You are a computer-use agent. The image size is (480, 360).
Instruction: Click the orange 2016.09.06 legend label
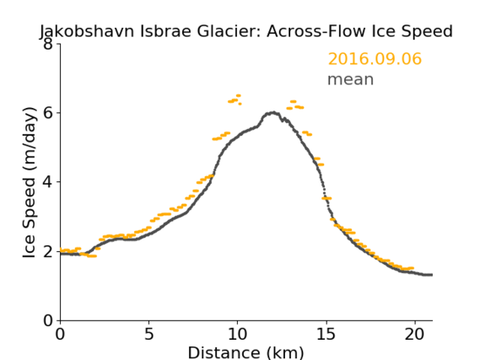click(375, 59)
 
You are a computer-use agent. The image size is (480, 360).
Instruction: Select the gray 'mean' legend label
click(351, 79)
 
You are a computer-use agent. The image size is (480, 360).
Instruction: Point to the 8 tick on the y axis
click(48, 44)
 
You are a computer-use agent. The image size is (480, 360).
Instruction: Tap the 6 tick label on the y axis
click(48, 113)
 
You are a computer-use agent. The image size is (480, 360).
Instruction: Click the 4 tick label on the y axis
click(48, 182)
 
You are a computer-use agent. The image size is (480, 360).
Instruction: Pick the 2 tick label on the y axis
click(48, 251)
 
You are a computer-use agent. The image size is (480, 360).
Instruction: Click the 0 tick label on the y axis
click(48, 320)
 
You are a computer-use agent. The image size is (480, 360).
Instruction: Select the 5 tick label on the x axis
click(148, 334)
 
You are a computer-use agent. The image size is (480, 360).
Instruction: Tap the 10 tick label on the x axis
click(238, 334)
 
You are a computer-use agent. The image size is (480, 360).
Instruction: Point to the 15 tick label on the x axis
click(326, 334)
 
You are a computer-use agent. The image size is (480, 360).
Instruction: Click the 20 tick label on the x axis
click(414, 334)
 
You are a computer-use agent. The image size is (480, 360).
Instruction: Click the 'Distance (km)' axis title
click(245, 352)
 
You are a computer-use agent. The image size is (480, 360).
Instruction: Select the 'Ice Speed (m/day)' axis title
click(30, 183)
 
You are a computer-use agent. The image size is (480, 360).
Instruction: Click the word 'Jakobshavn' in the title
click(87, 31)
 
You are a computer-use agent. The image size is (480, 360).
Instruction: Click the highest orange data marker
click(239, 96)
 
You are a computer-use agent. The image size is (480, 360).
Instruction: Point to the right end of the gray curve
click(432, 275)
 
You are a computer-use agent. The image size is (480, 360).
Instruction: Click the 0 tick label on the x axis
click(60, 334)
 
